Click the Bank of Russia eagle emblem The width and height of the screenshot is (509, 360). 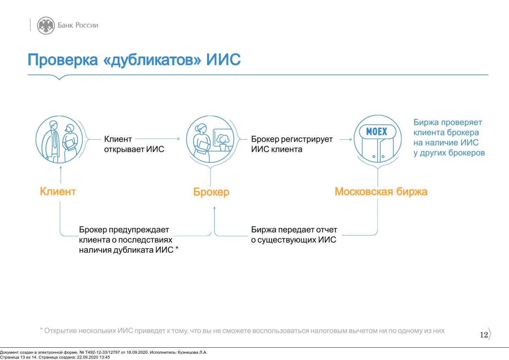[x=46, y=25]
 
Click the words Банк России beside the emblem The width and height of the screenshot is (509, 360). [x=78, y=25]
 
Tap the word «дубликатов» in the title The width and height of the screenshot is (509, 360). [x=152, y=60]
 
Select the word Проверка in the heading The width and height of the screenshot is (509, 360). [x=63, y=60]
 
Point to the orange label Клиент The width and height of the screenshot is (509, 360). [x=58, y=191]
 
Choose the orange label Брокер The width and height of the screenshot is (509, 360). [x=211, y=192]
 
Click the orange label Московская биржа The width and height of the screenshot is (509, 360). [x=381, y=192]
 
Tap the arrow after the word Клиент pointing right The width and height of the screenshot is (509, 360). [x=157, y=139]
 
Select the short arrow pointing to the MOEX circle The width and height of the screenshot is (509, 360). [x=346, y=139]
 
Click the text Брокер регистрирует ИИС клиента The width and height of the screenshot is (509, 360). [x=292, y=144]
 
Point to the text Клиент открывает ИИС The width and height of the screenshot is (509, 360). [x=134, y=144]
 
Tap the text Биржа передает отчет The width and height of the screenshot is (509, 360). [x=294, y=230]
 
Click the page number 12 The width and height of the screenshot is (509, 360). [x=484, y=335]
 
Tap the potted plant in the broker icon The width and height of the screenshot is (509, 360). [x=223, y=142]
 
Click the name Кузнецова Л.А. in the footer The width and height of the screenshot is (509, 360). [x=193, y=353]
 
